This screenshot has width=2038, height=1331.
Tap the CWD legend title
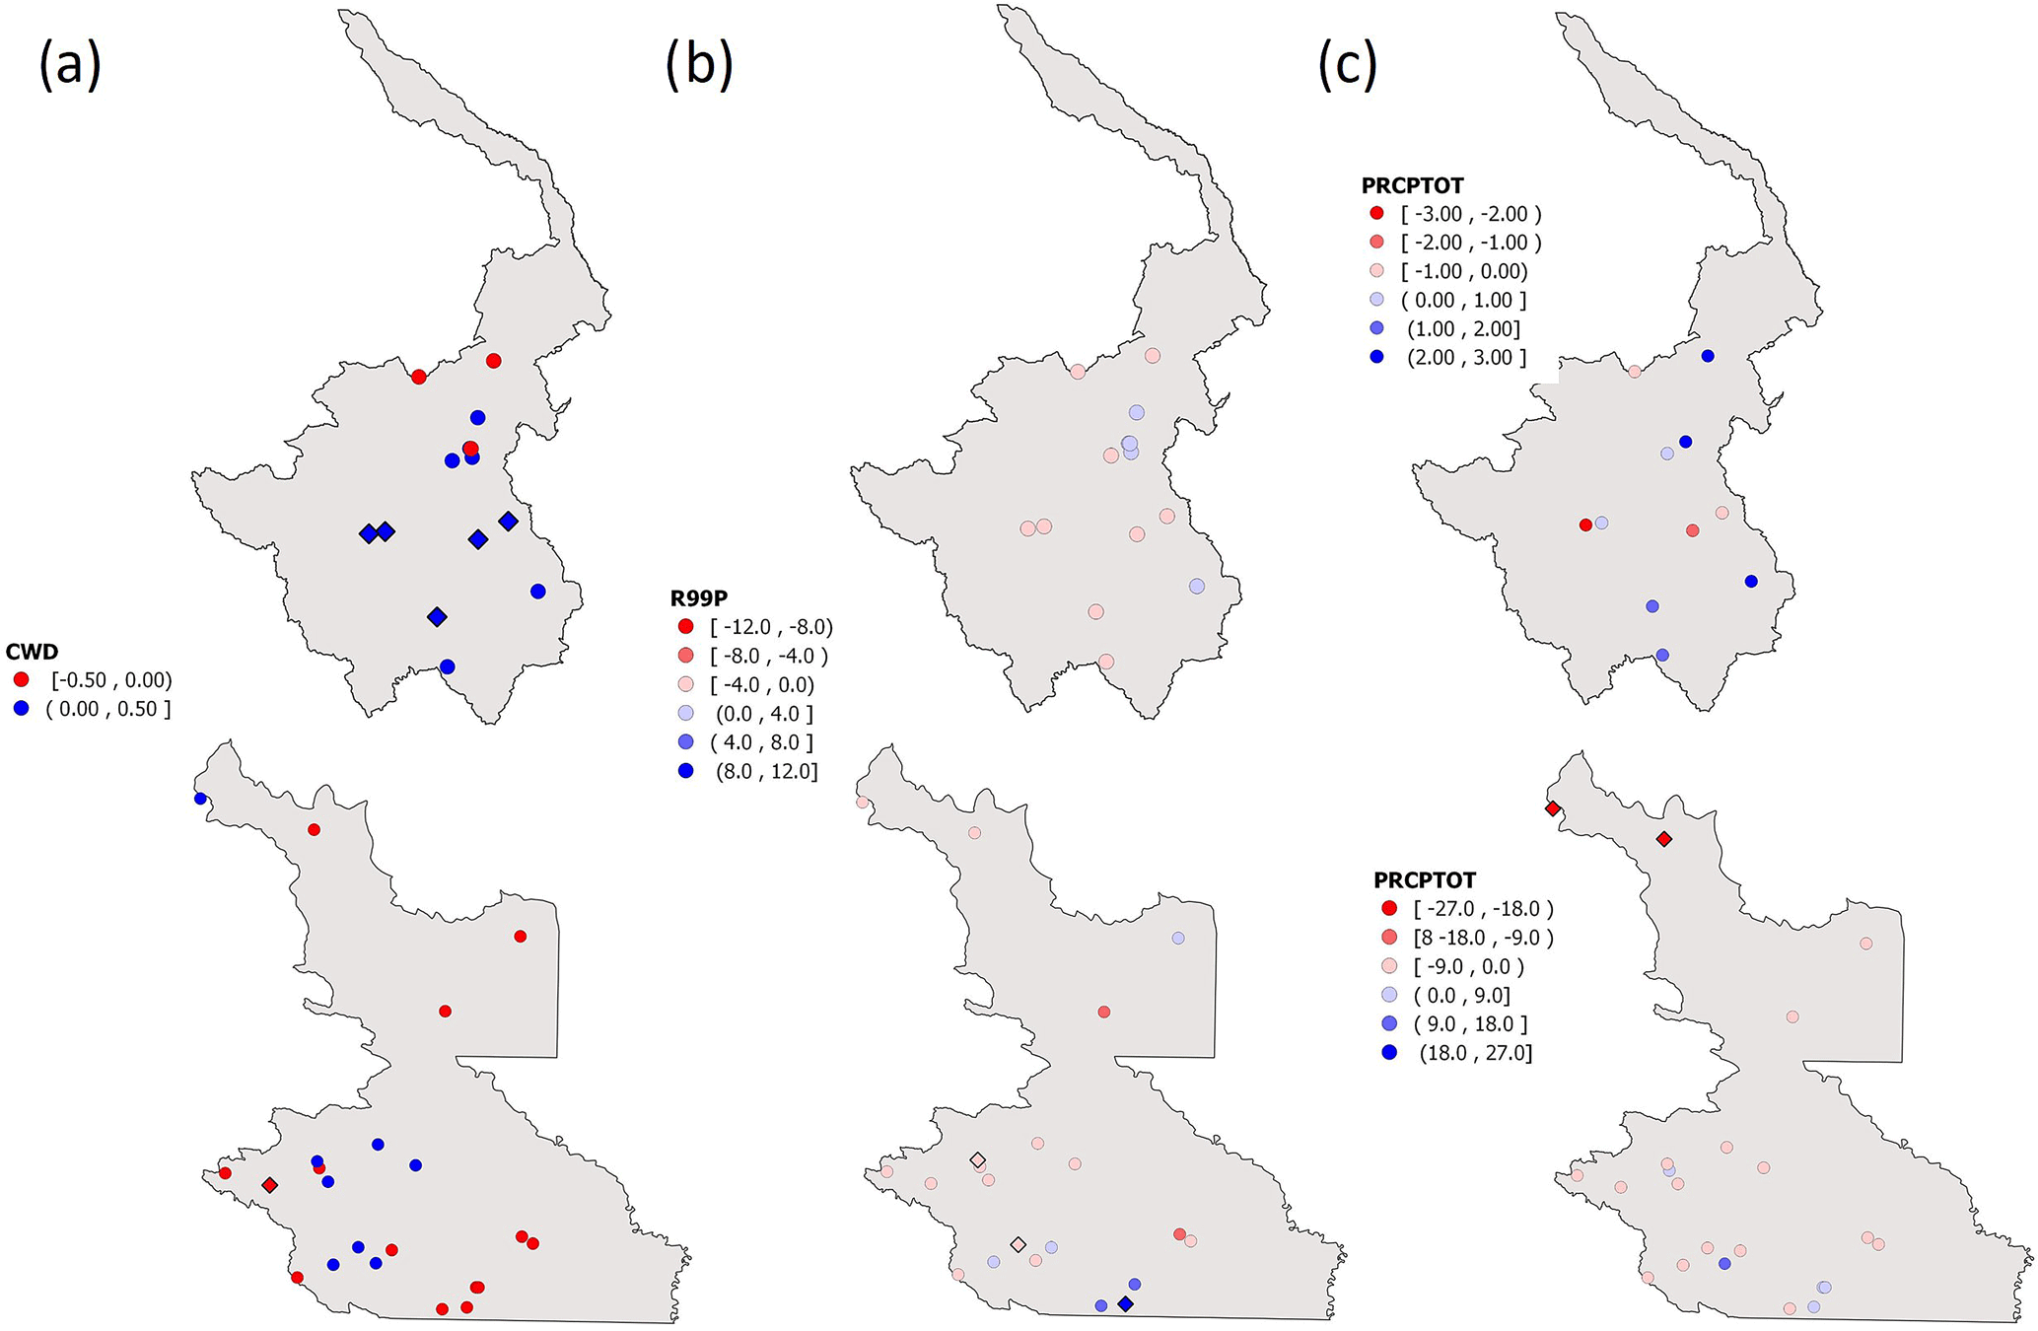tap(32, 652)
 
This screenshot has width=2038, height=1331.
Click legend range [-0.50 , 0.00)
tap(111, 680)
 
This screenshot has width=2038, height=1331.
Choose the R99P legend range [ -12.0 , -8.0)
tap(771, 627)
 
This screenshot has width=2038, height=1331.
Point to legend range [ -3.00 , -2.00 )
tap(1470, 214)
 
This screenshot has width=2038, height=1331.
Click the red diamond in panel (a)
tap(269, 1185)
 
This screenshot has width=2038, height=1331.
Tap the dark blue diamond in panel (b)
tap(1126, 1304)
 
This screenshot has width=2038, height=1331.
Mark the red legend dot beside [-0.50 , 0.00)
tap(22, 680)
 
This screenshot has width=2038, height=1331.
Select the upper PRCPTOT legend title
tap(1412, 185)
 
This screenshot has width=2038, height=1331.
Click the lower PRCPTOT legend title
tap(1425, 879)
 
